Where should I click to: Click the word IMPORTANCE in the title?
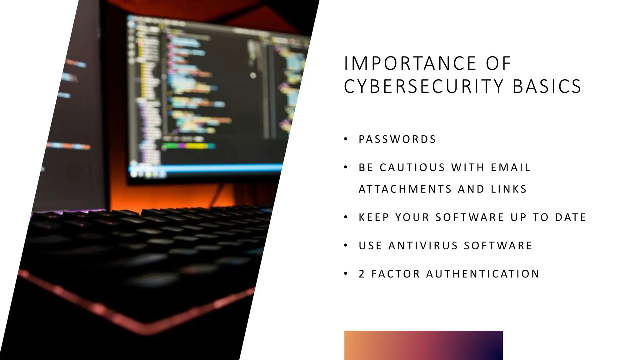[x=410, y=63]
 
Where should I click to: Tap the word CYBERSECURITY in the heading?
[x=424, y=87]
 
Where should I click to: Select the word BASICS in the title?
[x=547, y=87]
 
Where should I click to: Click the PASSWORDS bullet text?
[x=397, y=139]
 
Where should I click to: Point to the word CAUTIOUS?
[x=412, y=168]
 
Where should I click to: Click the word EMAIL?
[x=510, y=168]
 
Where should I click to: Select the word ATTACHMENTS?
[x=405, y=189]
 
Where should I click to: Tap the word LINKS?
[x=509, y=189]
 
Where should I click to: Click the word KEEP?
[x=374, y=217]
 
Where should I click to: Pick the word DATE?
[x=570, y=217]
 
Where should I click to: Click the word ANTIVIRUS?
[x=423, y=246]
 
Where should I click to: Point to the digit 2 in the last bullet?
[x=362, y=274]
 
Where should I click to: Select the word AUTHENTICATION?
[x=483, y=274]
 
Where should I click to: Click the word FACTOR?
[x=396, y=274]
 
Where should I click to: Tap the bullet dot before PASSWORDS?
[x=346, y=139]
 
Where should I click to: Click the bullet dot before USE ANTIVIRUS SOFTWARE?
[x=346, y=246]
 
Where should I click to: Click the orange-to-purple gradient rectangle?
[x=423, y=345]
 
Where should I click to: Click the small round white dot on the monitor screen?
[x=253, y=75]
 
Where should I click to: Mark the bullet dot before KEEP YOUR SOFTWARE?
[x=346, y=217]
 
